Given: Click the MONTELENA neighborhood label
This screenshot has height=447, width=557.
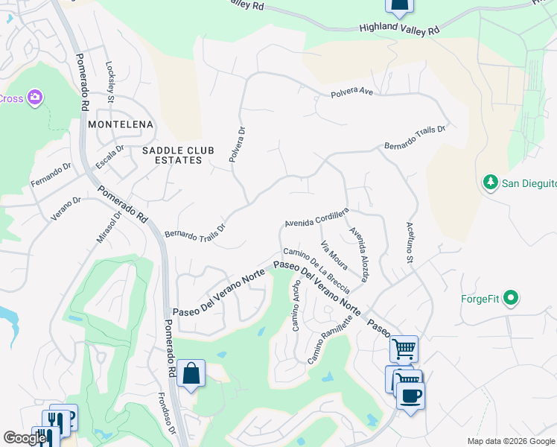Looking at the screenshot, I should click(x=121, y=124).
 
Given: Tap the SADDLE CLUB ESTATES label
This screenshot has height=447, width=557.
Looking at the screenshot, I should click(x=178, y=155).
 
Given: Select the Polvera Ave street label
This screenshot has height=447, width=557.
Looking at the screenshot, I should click(x=351, y=95).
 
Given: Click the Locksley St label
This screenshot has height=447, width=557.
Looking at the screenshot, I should click(x=110, y=80).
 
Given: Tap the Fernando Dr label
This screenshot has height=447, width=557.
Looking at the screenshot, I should click(x=50, y=174).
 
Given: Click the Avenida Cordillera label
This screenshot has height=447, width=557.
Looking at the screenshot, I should click(x=316, y=218).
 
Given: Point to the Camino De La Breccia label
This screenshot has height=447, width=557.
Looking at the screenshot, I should click(x=316, y=270).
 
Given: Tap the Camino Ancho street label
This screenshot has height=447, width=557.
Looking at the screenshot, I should click(x=296, y=305).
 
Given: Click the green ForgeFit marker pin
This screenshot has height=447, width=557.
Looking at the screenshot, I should click(x=510, y=299).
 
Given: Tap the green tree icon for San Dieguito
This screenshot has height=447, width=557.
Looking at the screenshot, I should click(x=490, y=183).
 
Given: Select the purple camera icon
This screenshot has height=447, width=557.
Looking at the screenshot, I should click(x=34, y=98).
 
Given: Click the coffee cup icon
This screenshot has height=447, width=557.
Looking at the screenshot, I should click(x=410, y=395).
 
